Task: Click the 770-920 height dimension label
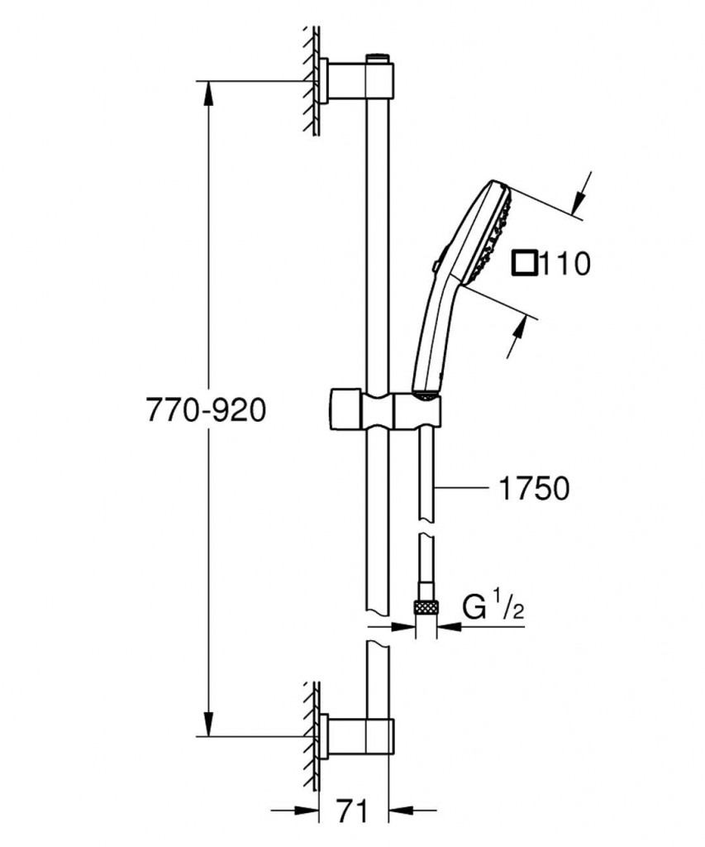pos(206,409)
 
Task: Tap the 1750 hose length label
pos(532,489)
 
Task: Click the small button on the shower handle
pos(435,266)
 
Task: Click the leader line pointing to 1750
pos(463,489)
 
